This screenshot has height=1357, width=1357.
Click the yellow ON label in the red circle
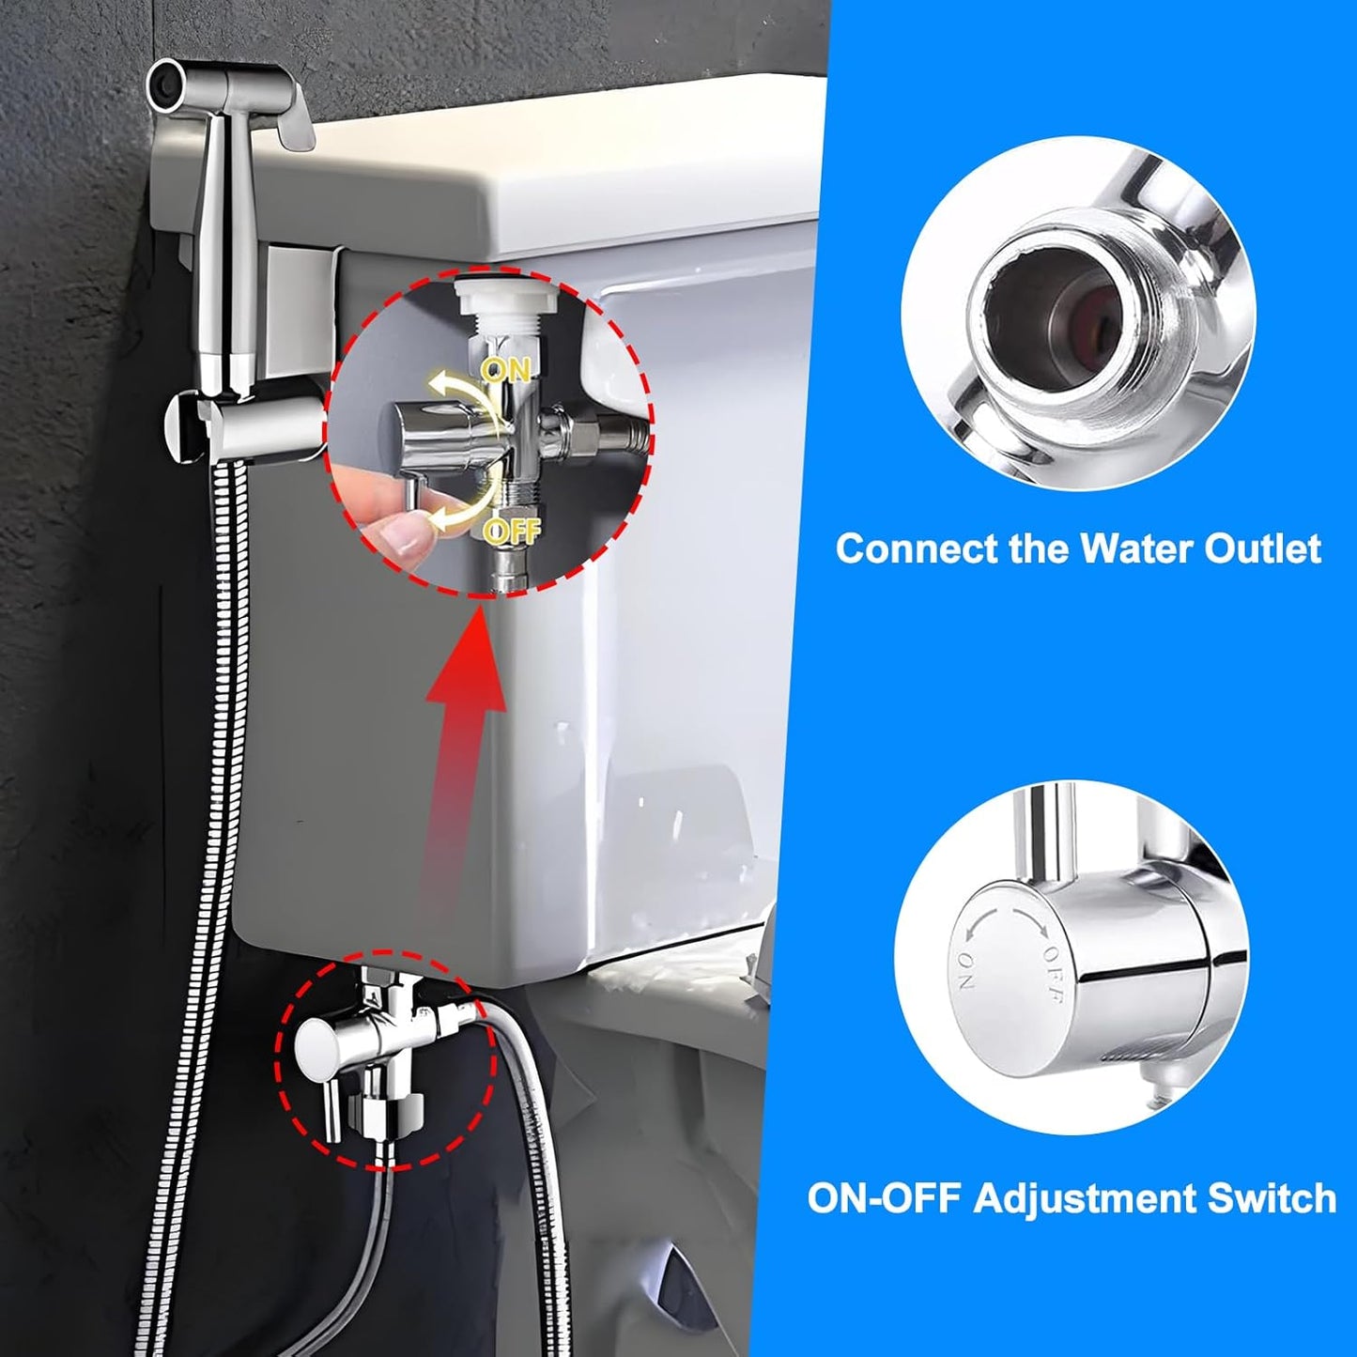pos(507,368)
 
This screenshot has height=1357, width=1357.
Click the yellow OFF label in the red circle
pos(511,532)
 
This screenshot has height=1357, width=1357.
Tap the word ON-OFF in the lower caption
pos(881,1198)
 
